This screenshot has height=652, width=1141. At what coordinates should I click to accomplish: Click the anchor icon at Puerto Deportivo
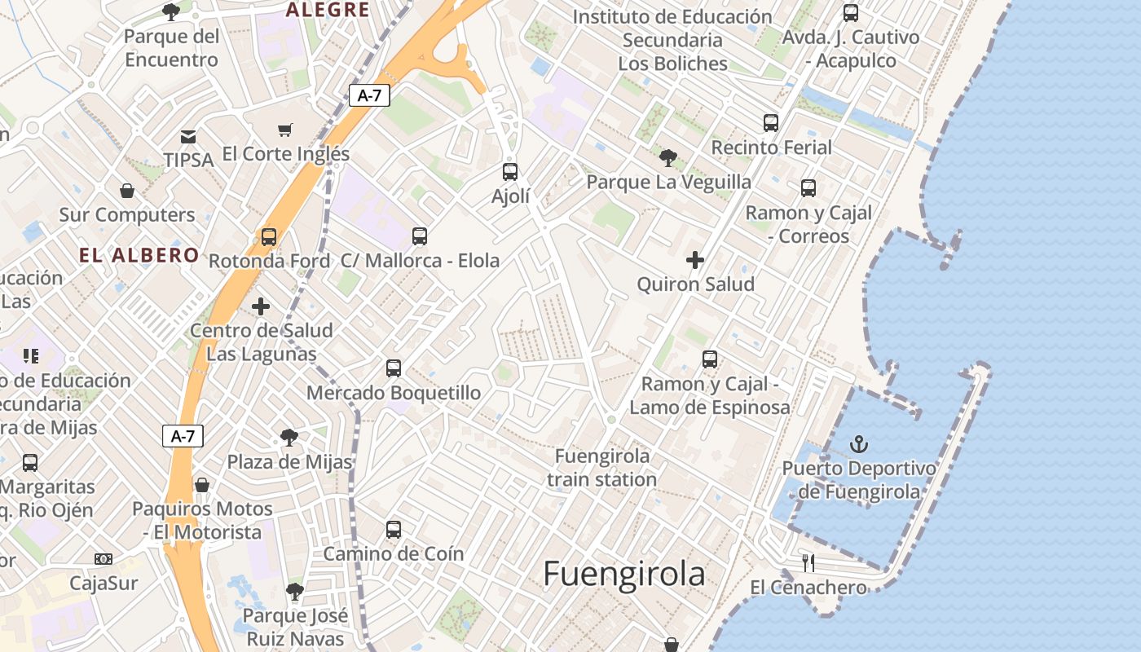[859, 444]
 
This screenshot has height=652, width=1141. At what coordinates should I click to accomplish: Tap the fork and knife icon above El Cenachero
[808, 562]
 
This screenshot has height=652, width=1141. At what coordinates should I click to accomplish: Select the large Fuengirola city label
[623, 574]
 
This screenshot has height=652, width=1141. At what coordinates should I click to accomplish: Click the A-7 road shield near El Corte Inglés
[369, 95]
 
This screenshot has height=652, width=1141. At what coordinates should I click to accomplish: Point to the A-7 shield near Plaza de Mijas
[183, 436]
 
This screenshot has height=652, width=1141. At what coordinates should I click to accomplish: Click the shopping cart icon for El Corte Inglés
[285, 130]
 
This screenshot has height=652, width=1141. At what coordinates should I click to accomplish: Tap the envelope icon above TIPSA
[188, 136]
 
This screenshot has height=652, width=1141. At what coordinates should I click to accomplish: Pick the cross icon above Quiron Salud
[695, 260]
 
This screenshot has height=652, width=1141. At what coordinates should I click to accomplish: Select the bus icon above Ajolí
[510, 172]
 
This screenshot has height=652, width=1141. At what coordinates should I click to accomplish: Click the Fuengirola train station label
[602, 467]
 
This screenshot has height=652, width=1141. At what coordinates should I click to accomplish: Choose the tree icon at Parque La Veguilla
[668, 157]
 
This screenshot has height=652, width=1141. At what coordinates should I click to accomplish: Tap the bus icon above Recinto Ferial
[771, 123]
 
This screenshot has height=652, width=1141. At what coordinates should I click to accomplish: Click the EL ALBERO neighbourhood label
[139, 254]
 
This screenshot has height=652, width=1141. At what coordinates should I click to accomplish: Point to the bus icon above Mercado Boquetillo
[394, 368]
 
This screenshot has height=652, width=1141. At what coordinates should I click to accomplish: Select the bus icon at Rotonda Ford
[268, 237]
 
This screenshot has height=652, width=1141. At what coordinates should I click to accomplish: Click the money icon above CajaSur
[104, 559]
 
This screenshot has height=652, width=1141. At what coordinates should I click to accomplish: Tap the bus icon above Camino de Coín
[394, 530]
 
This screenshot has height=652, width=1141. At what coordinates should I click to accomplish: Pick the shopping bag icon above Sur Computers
[127, 191]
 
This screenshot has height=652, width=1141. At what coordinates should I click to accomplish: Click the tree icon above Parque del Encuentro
[171, 11]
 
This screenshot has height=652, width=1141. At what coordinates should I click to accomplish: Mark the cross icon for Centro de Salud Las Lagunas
[261, 306]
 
